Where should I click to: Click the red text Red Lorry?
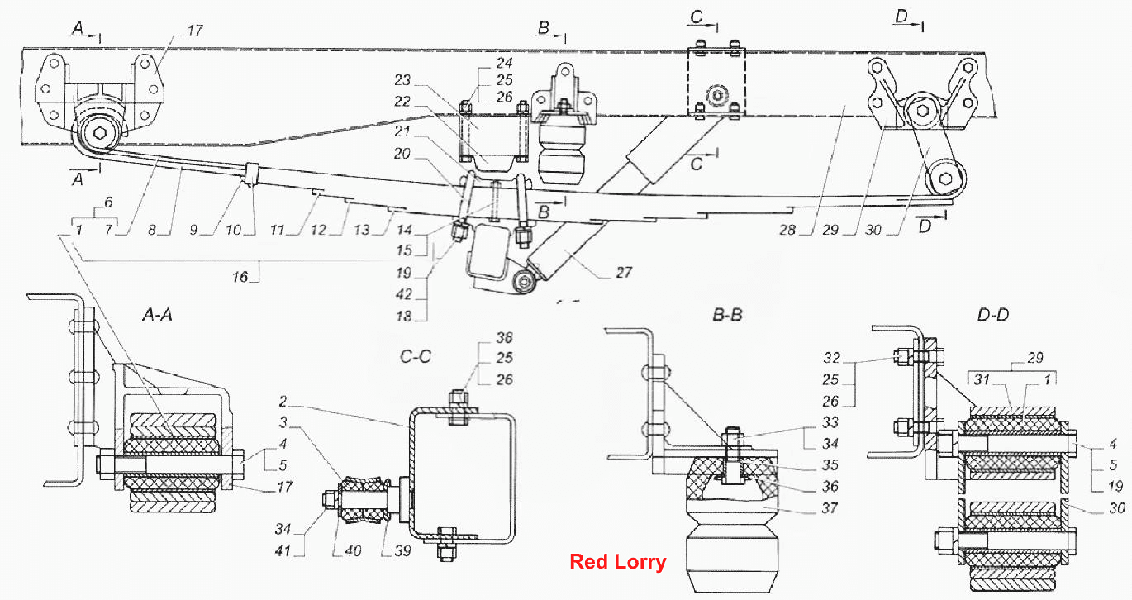click(617, 562)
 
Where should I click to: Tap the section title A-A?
click(157, 316)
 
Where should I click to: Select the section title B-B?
click(727, 316)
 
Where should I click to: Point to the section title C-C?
click(416, 357)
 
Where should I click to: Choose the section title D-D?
click(993, 316)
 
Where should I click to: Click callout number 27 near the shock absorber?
click(624, 273)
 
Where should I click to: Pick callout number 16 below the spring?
click(240, 277)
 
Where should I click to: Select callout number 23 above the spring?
click(402, 80)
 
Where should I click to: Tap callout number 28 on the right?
click(787, 230)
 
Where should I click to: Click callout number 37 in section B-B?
click(830, 508)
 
